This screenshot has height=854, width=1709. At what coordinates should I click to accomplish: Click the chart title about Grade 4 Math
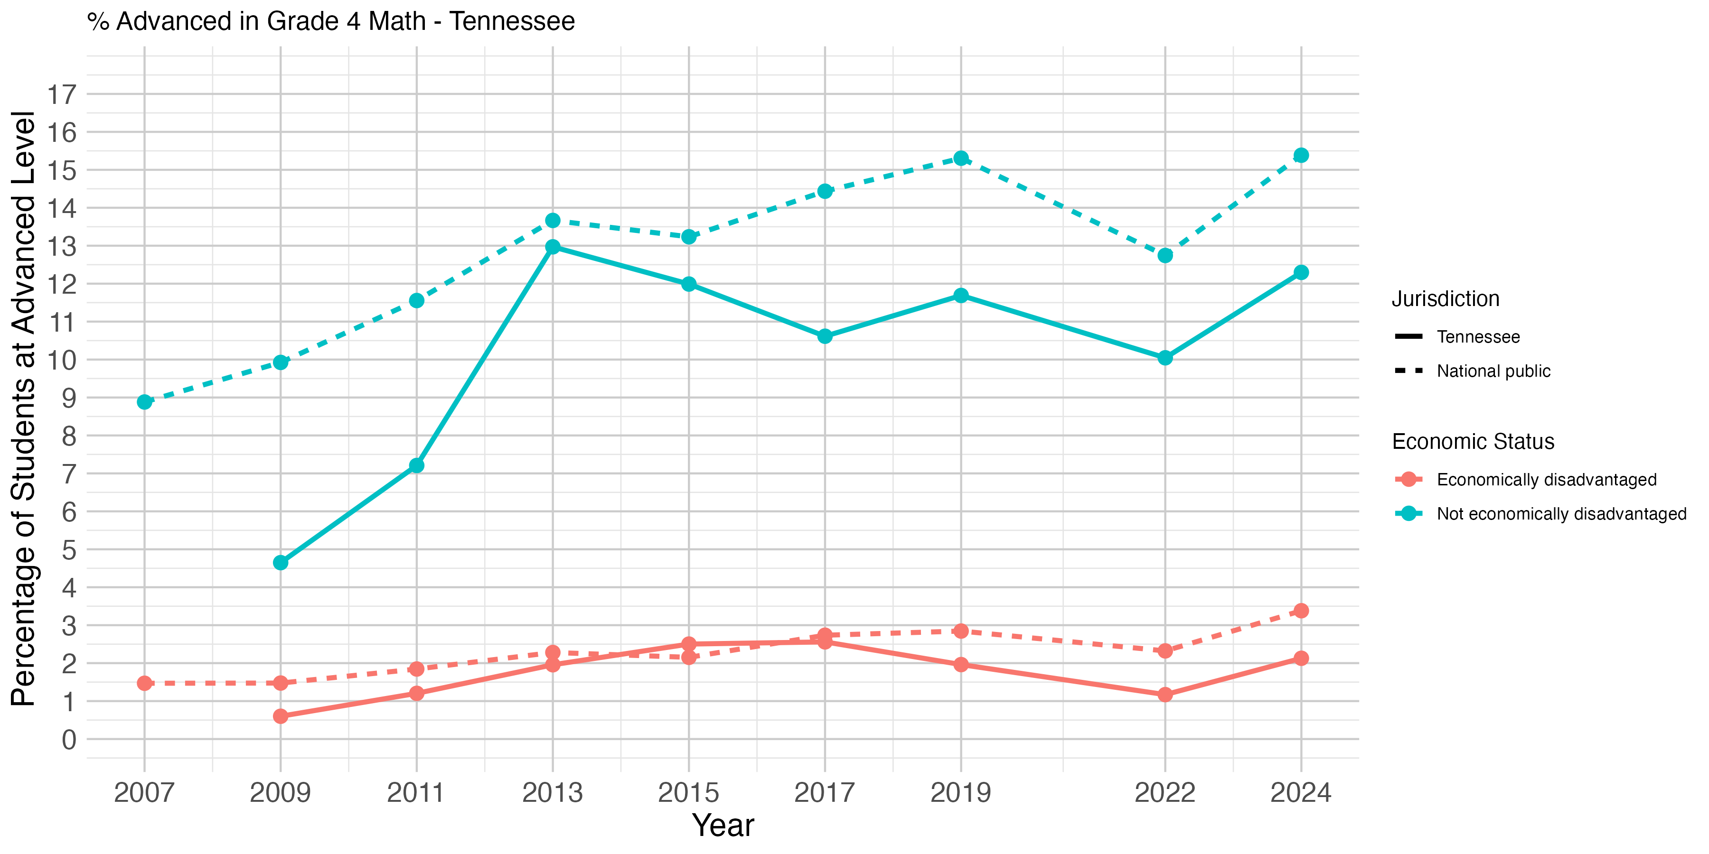point(331,21)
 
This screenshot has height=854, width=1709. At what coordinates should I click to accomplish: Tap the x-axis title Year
point(723,826)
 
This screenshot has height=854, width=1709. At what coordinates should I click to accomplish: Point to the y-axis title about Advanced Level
point(24,408)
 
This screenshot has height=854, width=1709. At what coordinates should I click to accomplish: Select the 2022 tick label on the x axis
point(1165,793)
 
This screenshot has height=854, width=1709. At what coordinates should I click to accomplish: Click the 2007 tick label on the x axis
point(144,793)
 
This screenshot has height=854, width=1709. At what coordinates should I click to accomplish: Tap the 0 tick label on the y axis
point(69,739)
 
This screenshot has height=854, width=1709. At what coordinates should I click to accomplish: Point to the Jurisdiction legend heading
point(1446,299)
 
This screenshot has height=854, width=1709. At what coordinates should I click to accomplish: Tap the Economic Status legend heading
point(1473,442)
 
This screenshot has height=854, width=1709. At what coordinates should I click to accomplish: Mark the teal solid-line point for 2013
point(553,247)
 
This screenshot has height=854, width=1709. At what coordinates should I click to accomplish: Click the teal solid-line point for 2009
point(281,562)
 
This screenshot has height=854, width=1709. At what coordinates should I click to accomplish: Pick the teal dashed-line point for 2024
point(1301,155)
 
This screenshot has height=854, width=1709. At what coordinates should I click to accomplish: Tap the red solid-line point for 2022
point(1165,694)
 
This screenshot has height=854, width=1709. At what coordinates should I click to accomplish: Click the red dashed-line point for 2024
point(1301,611)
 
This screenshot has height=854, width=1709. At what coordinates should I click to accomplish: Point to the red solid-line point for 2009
point(281,716)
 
